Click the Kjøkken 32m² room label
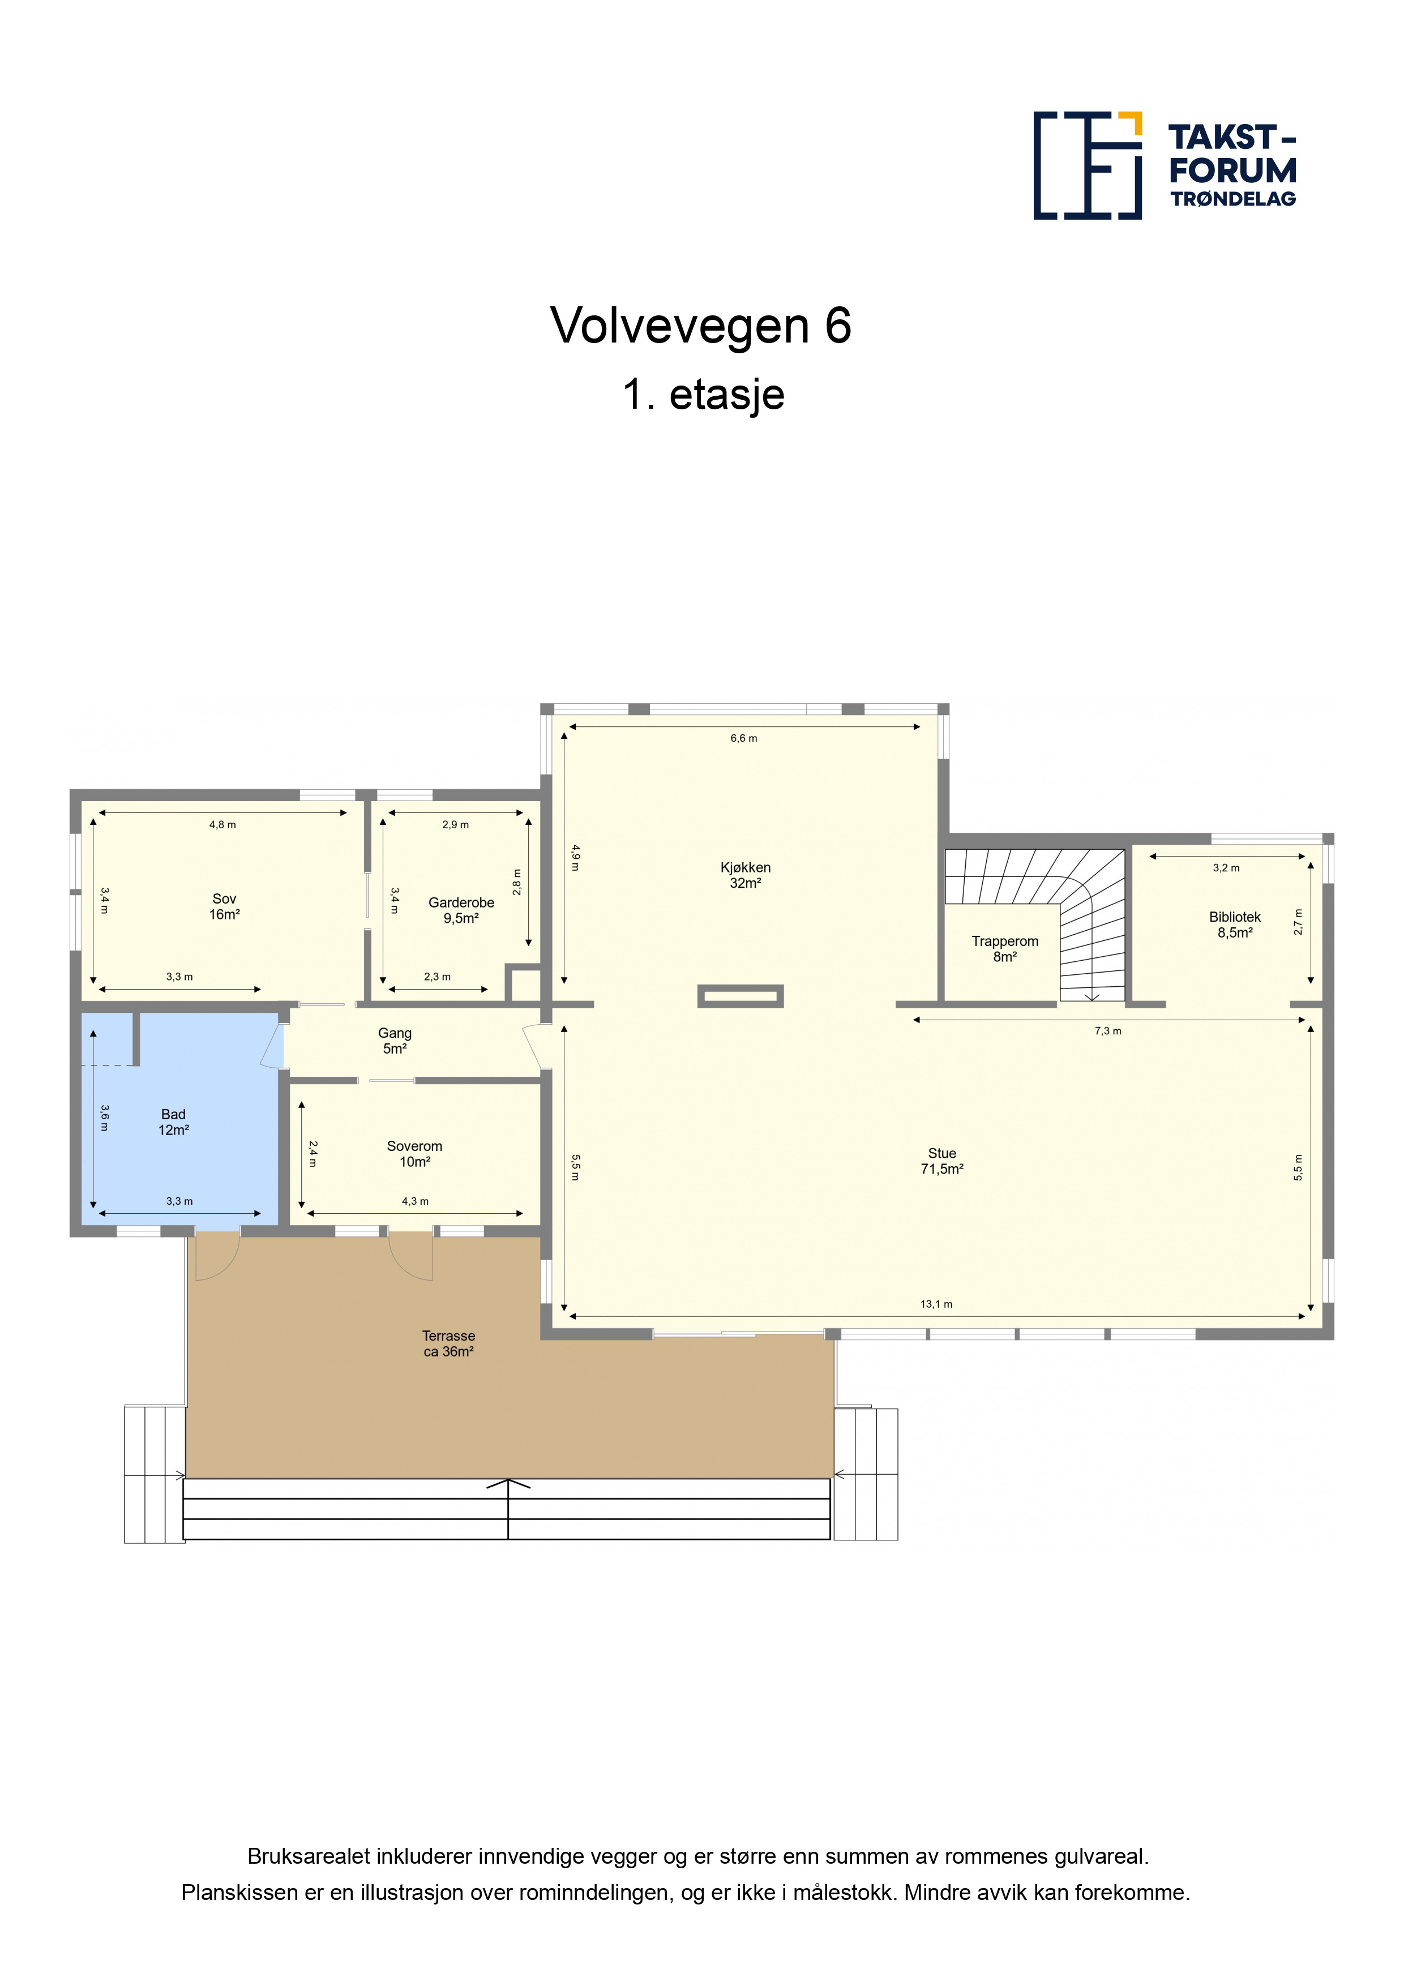(x=745, y=875)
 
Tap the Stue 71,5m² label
(x=942, y=1161)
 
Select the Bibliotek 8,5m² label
(x=1235, y=924)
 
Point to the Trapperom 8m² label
(x=1004, y=949)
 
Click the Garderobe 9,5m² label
(x=461, y=910)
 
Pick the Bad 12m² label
(x=173, y=1122)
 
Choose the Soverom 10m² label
(x=414, y=1154)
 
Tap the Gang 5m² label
(x=395, y=1041)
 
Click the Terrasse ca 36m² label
(x=448, y=1343)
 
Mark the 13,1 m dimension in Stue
(x=936, y=1304)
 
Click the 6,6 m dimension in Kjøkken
(x=743, y=738)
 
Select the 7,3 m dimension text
(x=1107, y=1030)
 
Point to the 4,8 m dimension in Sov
(x=222, y=824)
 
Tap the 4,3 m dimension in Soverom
(x=414, y=1201)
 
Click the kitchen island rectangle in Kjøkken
(x=740, y=996)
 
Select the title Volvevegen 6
(x=701, y=325)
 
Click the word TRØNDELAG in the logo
(x=1232, y=199)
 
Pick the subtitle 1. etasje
(x=703, y=393)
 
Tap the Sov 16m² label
(x=224, y=906)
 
